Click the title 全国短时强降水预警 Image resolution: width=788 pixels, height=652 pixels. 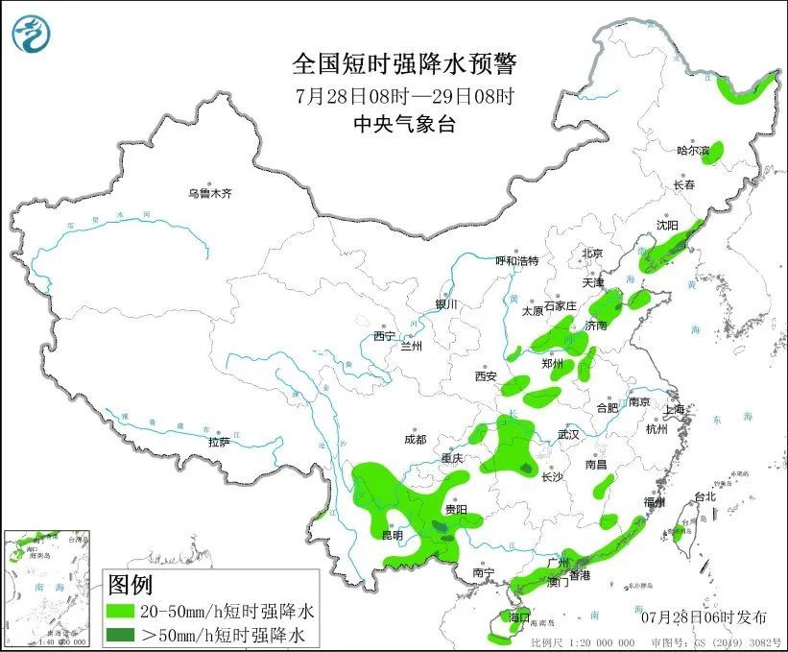[404, 64]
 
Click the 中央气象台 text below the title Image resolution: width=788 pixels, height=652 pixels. [404, 123]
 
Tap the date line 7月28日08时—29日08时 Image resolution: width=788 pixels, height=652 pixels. [404, 95]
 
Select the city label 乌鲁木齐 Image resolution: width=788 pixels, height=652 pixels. [209, 193]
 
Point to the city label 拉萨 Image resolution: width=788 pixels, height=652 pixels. [219, 442]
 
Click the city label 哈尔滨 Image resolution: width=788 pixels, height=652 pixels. [693, 150]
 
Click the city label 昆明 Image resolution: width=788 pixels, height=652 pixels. [393, 534]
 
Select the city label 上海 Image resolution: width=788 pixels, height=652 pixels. [676, 410]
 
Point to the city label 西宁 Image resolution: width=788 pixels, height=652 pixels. [385, 336]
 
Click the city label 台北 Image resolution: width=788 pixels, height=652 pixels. [704, 496]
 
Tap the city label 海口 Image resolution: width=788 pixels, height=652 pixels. [519, 616]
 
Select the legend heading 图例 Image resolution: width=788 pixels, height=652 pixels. [130, 584]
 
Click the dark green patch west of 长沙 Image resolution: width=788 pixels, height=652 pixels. [525, 469]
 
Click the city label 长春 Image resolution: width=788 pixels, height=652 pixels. [683, 184]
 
